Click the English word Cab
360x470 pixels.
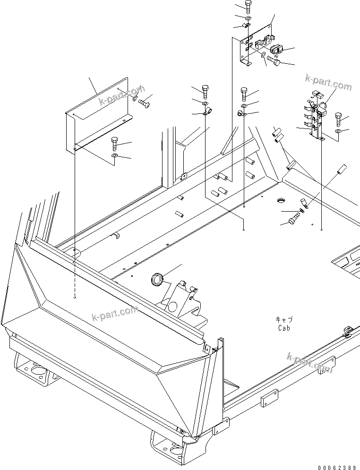283,327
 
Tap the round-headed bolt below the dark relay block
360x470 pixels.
274,60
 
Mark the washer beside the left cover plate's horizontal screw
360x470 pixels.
135,99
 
